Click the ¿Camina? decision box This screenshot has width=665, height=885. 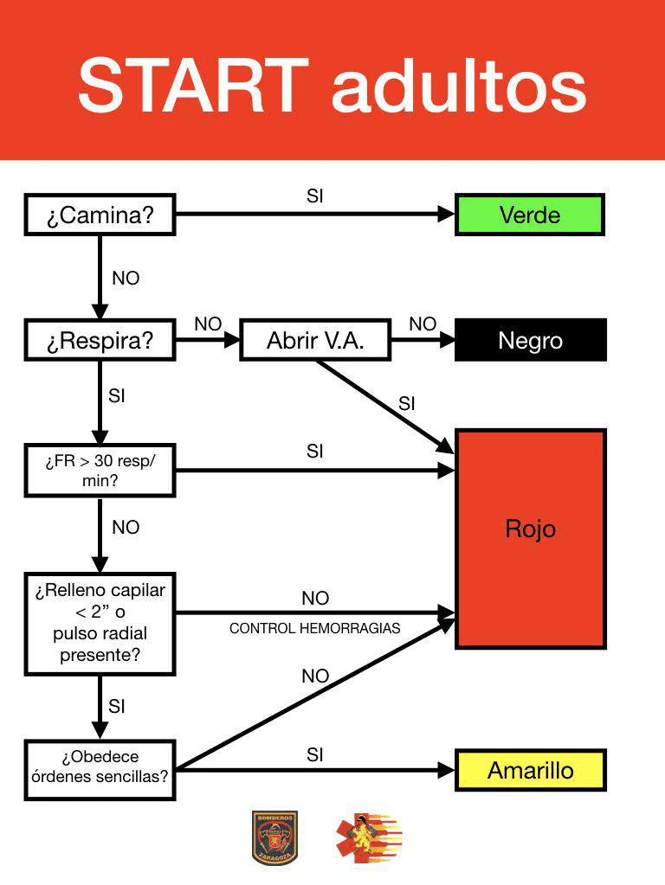click(100, 215)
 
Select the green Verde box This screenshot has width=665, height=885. click(529, 215)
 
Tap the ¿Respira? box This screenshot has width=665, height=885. click(100, 340)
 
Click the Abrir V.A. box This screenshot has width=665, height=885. click(314, 340)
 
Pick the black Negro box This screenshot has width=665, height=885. click(530, 340)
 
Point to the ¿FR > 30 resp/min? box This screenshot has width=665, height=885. click(100, 471)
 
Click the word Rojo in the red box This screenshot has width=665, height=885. click(530, 529)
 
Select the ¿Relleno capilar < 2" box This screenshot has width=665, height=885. click(100, 623)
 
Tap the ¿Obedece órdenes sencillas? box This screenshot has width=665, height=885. click(100, 766)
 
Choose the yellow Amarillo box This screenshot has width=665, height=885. click(530, 770)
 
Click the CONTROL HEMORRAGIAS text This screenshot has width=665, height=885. click(314, 629)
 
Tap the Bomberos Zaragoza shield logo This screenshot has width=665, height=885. click(274, 837)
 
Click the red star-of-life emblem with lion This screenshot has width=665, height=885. click(368, 837)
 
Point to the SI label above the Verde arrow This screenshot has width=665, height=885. click(315, 196)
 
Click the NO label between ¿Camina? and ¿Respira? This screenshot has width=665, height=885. click(126, 279)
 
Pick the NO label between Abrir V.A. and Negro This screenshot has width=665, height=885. click(423, 324)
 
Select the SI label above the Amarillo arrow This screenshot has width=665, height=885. click(315, 754)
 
